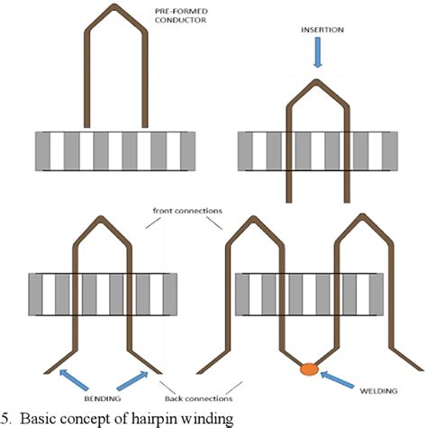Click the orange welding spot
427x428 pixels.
click(x=309, y=368)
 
